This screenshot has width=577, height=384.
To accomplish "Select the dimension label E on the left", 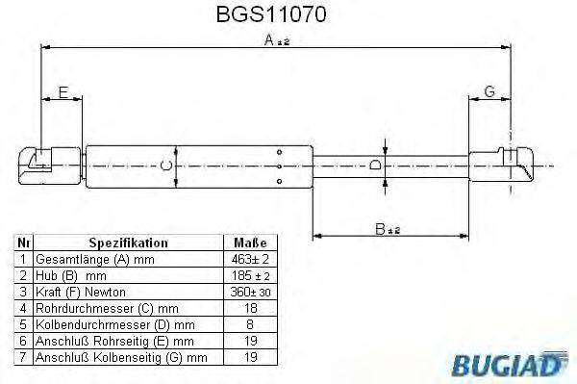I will [x=63, y=92].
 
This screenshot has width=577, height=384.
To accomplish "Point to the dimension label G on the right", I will [x=489, y=92].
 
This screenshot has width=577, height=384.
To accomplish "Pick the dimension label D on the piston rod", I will [x=376, y=166].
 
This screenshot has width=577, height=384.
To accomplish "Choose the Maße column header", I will [x=250, y=243].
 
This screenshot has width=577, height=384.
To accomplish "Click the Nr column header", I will [x=24, y=243].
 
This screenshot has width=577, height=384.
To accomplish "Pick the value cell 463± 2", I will [x=250, y=260].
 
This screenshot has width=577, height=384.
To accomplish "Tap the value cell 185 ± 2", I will [x=250, y=276].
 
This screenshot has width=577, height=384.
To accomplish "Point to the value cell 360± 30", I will [x=250, y=293].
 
